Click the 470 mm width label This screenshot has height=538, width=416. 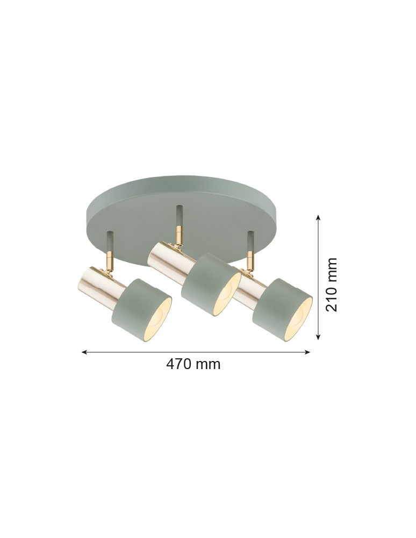[x=193, y=364]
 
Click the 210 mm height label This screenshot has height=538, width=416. [x=332, y=285]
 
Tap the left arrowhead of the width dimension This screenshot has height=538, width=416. [x=84, y=352]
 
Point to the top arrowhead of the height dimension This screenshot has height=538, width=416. [x=319, y=218]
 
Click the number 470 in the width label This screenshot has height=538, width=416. [x=180, y=364]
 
